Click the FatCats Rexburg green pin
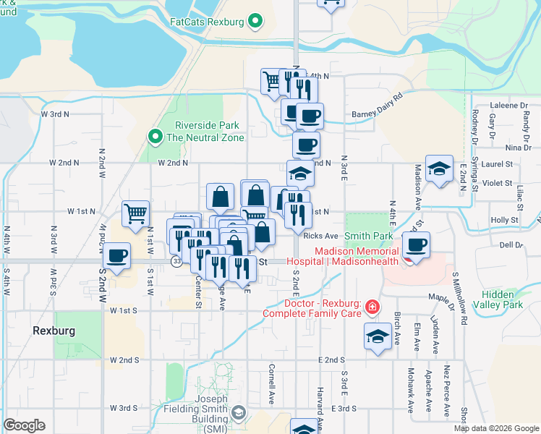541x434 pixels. [255, 22]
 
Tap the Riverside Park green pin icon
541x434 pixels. [154, 136]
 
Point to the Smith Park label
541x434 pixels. [369, 236]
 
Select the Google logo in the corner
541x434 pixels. [25, 425]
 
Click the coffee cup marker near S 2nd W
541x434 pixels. [116, 255]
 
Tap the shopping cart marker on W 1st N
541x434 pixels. [135, 213]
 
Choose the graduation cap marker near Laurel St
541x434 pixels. [439, 169]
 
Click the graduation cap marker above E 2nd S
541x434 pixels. [378, 336]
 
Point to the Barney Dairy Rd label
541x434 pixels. [376, 106]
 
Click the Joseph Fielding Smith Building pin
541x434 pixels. [239, 414]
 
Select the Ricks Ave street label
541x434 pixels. [321, 236]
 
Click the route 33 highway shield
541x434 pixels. [177, 261]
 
